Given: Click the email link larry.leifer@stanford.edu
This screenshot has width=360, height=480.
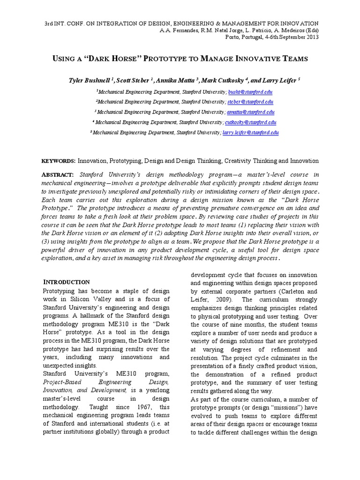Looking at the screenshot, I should click(x=250, y=133).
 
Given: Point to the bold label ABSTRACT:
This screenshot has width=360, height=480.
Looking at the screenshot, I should click(x=58, y=174).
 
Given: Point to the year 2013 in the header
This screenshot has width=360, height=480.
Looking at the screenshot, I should click(x=311, y=37).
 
